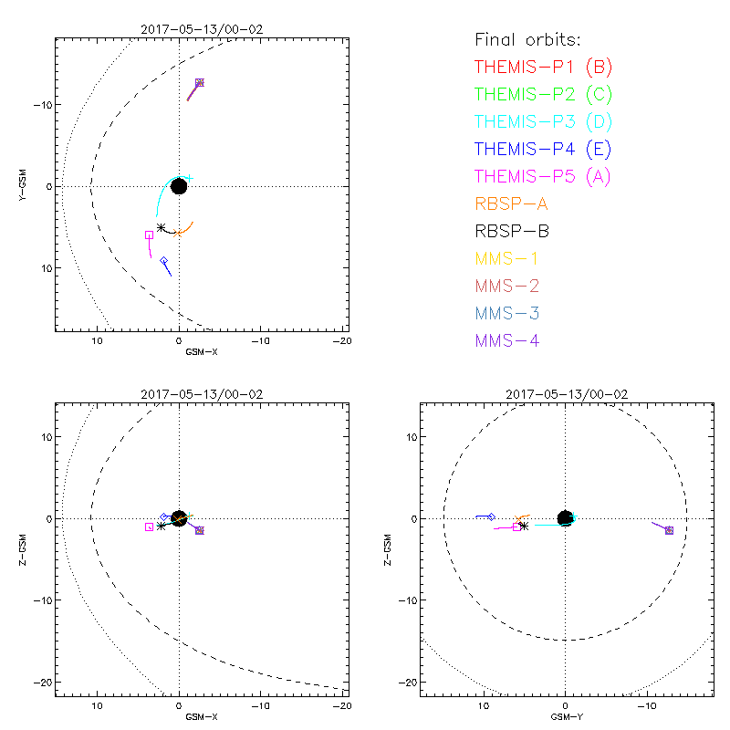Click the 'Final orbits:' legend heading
click(x=528, y=39)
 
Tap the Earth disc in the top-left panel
click(x=179, y=186)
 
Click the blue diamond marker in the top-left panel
click(x=164, y=261)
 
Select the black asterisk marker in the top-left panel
click(x=162, y=228)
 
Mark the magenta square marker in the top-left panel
click(x=149, y=235)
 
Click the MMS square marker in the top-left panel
click(x=200, y=82)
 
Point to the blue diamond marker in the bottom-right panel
click(x=491, y=517)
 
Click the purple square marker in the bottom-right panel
click(x=669, y=530)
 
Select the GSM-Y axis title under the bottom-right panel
click(x=566, y=716)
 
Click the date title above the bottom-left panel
click(x=201, y=394)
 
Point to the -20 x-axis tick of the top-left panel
click(x=342, y=340)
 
